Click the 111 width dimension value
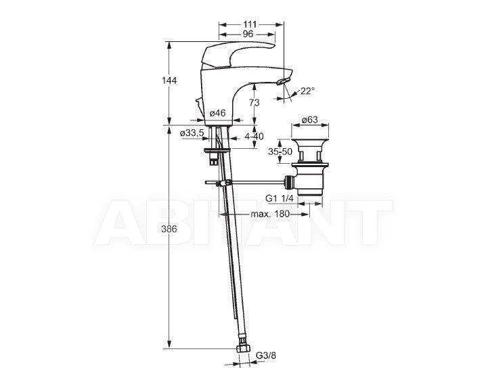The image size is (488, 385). [x=250, y=24]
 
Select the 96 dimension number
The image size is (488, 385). [x=248, y=34]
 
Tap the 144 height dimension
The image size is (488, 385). [x=169, y=81]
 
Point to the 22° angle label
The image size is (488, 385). [x=307, y=91]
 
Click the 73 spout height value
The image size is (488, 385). [x=254, y=102]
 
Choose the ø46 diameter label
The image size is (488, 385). [x=217, y=113]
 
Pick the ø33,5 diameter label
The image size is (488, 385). [x=192, y=133]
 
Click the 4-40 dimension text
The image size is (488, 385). [x=254, y=136]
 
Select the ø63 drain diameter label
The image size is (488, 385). [x=310, y=120]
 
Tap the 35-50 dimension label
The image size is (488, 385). [x=280, y=152]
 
